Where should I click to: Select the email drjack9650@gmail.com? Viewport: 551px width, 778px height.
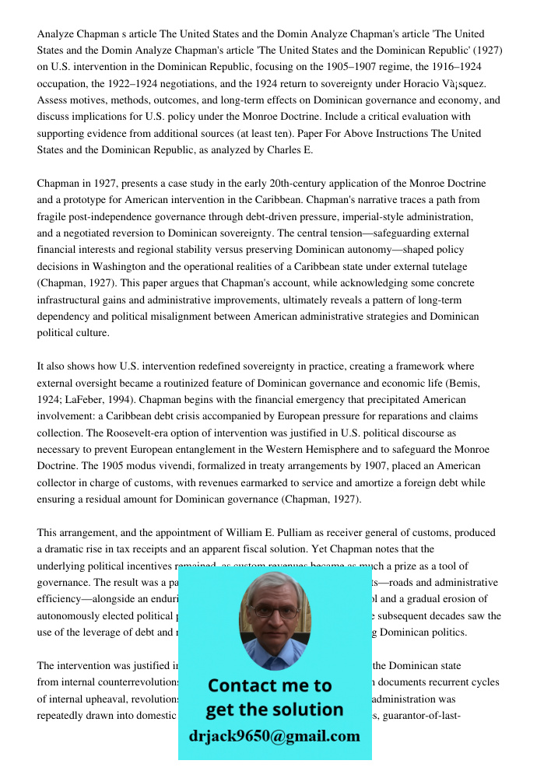(x=274, y=736)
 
